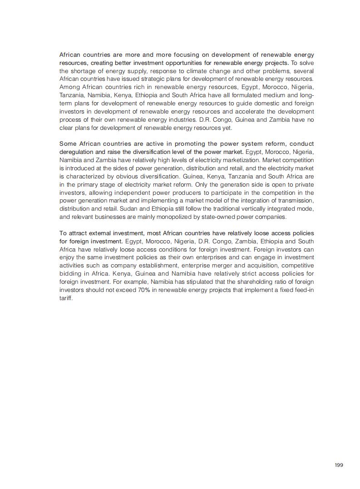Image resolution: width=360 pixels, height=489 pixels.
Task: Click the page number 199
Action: [x=339, y=465]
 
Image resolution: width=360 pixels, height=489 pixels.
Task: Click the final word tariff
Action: [x=66, y=298]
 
